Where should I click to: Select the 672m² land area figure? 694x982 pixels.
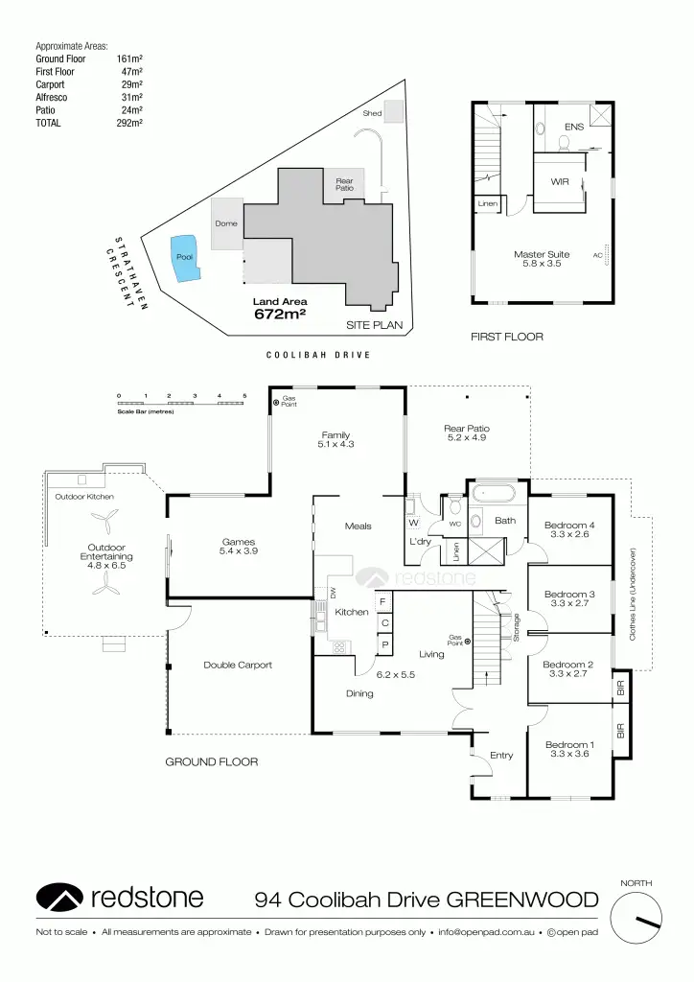[x=280, y=314]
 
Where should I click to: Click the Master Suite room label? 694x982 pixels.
[x=542, y=254]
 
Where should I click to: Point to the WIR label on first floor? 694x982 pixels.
[x=561, y=181]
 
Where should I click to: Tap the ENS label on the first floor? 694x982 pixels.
[x=573, y=127]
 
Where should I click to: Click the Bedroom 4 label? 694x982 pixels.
[x=569, y=525]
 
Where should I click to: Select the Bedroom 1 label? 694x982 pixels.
[x=569, y=745]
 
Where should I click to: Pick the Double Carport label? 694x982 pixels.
[x=238, y=665]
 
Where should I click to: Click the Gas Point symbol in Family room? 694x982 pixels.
[x=276, y=403]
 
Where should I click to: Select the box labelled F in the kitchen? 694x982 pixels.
[x=383, y=602]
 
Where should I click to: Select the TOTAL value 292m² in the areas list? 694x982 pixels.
[x=129, y=123]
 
